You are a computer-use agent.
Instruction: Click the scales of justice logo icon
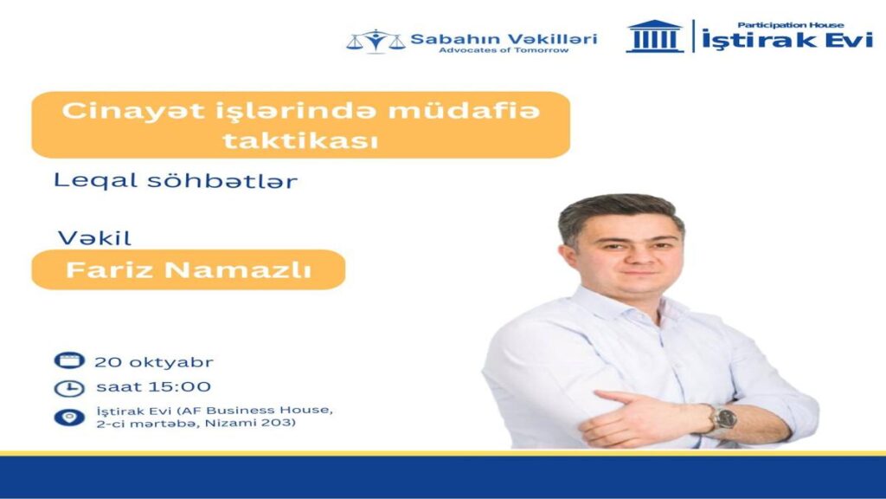(x=376, y=41)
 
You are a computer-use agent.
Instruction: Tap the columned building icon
(x=655, y=36)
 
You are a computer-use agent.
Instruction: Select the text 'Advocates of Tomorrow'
(x=504, y=50)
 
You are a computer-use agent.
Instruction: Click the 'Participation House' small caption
(x=791, y=25)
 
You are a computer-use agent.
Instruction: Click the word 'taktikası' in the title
(x=300, y=140)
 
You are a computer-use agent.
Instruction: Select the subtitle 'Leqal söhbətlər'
(x=175, y=181)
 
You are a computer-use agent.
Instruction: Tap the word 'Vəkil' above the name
(x=94, y=238)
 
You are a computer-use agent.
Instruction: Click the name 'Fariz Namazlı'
(x=188, y=270)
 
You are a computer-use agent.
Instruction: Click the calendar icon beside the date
(x=69, y=360)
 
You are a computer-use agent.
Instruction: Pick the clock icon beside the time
(x=69, y=388)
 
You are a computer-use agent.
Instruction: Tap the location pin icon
(x=69, y=418)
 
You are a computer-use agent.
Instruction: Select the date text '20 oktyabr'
(x=154, y=362)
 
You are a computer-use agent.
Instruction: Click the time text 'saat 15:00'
(x=153, y=387)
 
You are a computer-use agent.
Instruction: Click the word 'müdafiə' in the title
(x=464, y=111)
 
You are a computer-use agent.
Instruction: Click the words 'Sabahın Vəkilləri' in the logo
(x=504, y=39)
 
